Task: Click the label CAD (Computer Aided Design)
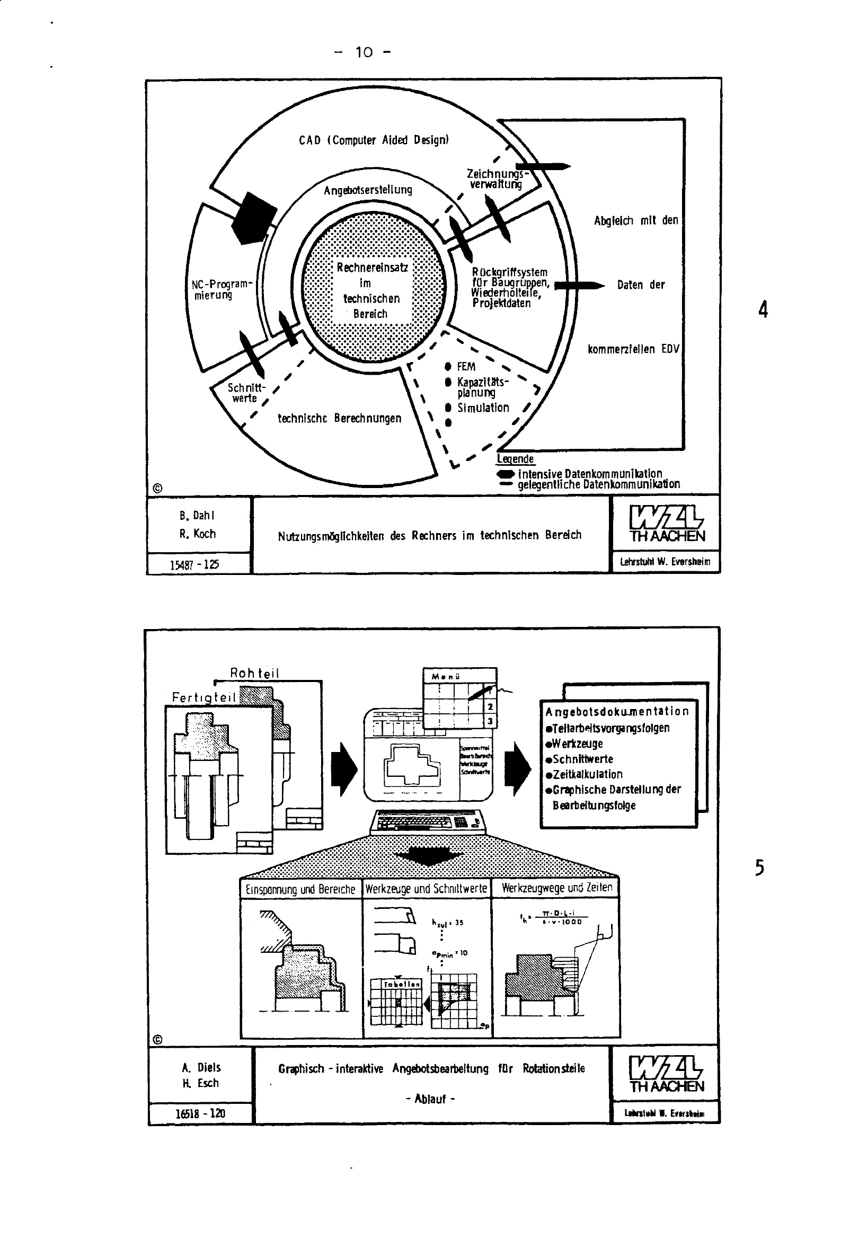(x=373, y=140)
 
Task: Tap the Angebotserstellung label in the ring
(x=368, y=190)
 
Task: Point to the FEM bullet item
(x=466, y=367)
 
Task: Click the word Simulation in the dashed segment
(x=483, y=408)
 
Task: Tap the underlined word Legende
(x=515, y=459)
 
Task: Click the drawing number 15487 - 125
(x=194, y=564)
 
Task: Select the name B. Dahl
(x=197, y=516)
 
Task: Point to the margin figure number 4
(x=763, y=309)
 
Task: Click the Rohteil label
(x=254, y=673)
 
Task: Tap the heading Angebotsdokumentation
(x=617, y=711)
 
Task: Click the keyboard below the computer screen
(x=429, y=821)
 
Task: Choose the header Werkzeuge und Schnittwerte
(x=426, y=888)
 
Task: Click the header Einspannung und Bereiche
(x=300, y=889)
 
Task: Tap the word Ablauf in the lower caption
(x=430, y=1099)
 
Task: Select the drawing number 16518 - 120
(x=200, y=1113)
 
